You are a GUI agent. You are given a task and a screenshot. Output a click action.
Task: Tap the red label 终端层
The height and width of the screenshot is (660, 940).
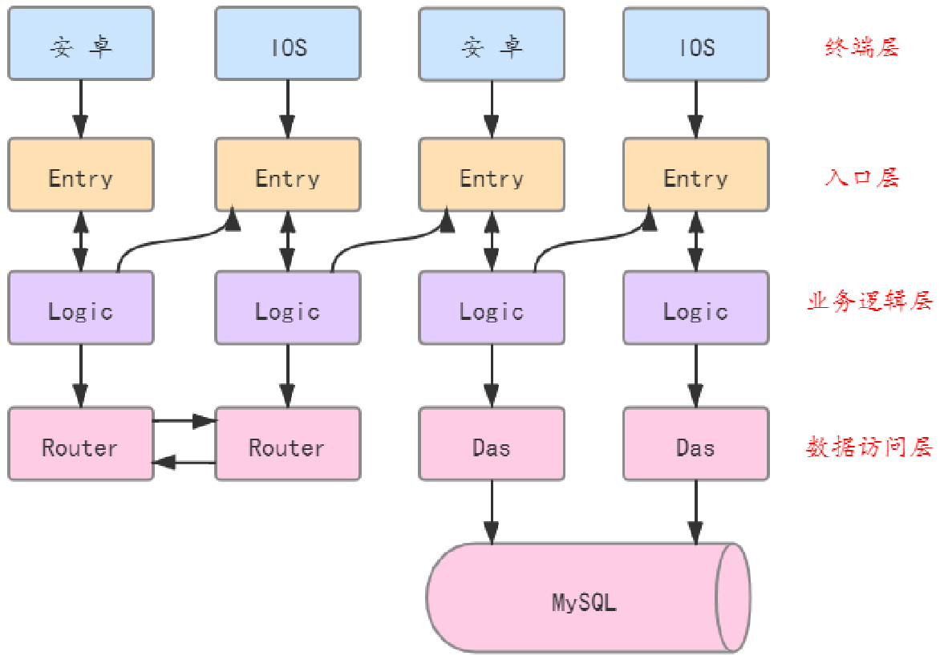pyautogui.click(x=862, y=47)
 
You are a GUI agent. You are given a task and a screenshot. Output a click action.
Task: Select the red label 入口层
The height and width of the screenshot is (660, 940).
pyautogui.click(x=862, y=177)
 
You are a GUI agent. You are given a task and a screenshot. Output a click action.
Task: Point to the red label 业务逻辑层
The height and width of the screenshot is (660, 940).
pyautogui.click(x=869, y=302)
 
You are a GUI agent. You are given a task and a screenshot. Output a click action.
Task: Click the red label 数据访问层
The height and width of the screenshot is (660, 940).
pyautogui.click(x=869, y=447)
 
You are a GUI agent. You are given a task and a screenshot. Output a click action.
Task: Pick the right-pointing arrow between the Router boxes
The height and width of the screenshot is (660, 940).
pyautogui.click(x=184, y=419)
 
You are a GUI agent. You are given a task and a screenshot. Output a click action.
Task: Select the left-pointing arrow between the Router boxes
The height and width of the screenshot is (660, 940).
pyautogui.click(x=184, y=462)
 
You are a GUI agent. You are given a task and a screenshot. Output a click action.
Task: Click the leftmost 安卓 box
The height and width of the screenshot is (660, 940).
pyautogui.click(x=80, y=44)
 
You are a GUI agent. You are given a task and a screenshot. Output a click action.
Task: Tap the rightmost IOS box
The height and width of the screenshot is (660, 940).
pyautogui.click(x=695, y=44)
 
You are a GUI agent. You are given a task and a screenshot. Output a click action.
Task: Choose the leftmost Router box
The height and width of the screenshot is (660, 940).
pyautogui.click(x=80, y=443)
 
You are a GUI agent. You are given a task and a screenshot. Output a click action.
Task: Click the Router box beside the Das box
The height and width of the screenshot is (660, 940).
pyautogui.click(x=287, y=443)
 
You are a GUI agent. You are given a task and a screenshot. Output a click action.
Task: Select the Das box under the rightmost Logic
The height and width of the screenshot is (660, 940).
pyautogui.click(x=695, y=443)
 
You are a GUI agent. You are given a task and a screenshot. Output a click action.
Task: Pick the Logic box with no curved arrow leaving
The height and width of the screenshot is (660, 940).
pyautogui.click(x=695, y=308)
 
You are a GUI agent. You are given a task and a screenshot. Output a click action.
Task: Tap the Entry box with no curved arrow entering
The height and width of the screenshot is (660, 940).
pyautogui.click(x=80, y=175)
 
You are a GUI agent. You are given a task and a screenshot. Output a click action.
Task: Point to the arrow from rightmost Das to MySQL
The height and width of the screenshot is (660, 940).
pyautogui.click(x=695, y=513)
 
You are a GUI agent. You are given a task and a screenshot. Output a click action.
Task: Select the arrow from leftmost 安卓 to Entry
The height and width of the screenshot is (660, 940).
pyautogui.click(x=80, y=109)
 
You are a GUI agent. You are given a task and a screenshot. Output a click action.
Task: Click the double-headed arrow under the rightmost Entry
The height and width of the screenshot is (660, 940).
pyautogui.click(x=695, y=241)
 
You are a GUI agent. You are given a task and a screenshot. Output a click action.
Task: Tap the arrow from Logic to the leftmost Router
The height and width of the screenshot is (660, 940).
pyautogui.click(x=80, y=375)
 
